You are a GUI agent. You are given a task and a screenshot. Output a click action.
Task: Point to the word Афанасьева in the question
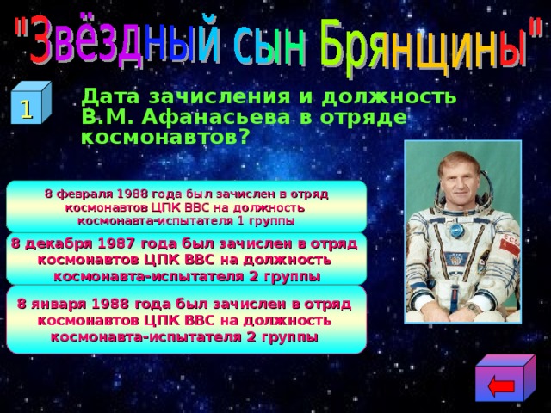pos(201,116)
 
